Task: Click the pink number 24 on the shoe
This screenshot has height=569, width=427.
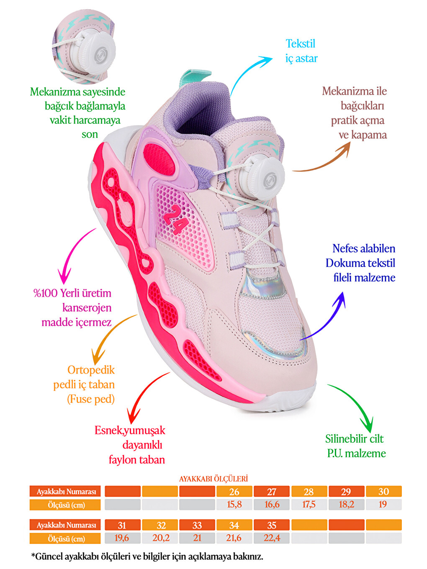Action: (x=175, y=219)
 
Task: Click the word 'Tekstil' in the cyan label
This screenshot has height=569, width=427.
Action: (x=300, y=44)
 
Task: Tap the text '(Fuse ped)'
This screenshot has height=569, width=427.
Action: (x=91, y=399)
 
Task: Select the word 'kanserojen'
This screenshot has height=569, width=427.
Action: (x=87, y=308)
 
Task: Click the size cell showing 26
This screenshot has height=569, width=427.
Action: (x=234, y=492)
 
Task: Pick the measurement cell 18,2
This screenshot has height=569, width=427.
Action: (x=346, y=504)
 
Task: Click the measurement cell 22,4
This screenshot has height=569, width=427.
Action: (x=272, y=538)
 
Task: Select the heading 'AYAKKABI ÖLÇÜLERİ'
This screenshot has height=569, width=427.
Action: (x=213, y=479)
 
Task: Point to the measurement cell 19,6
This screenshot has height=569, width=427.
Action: (x=122, y=538)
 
